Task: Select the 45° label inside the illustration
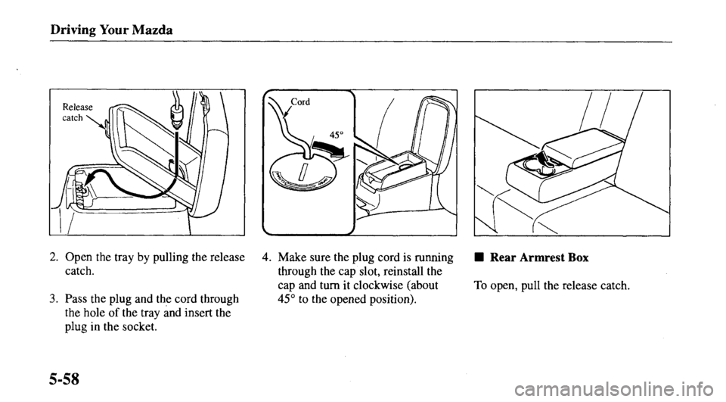(x=327, y=133)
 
